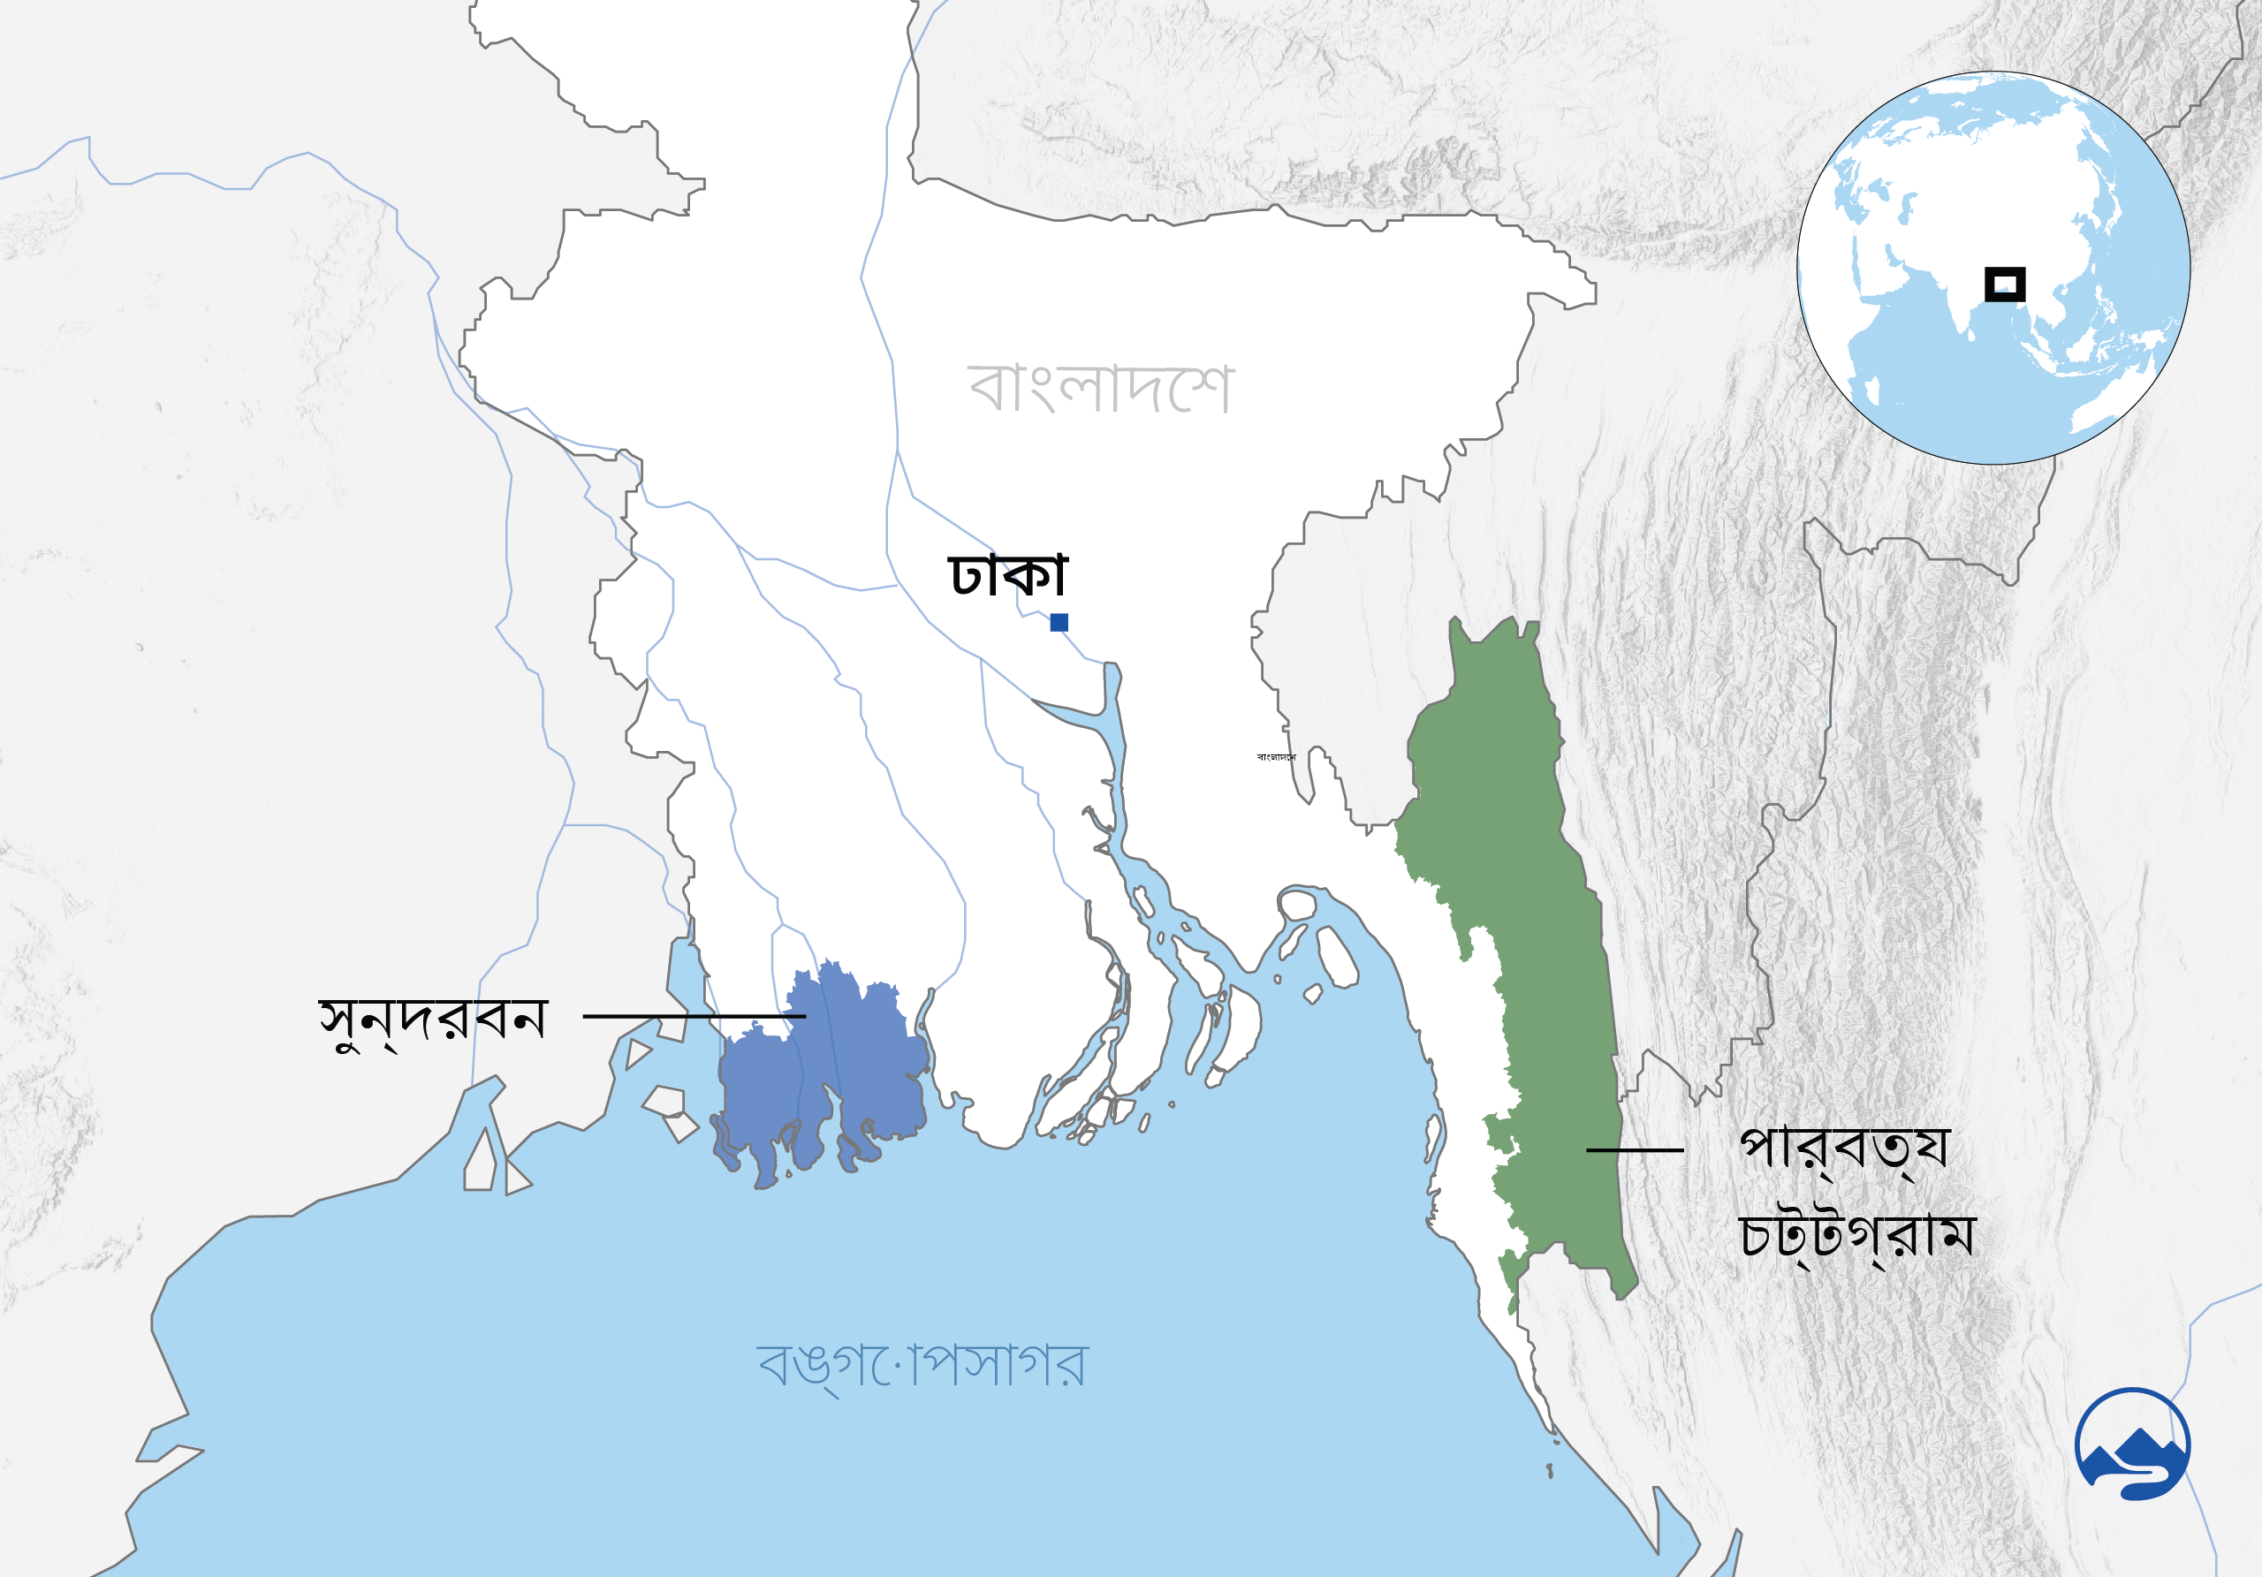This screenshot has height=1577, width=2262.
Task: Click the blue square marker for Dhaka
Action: (x=1059, y=622)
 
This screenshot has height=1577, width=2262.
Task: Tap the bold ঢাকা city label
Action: (x=1007, y=574)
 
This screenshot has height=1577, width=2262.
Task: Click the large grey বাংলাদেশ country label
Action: (x=1099, y=388)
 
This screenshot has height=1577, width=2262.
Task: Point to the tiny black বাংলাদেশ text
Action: (x=1276, y=756)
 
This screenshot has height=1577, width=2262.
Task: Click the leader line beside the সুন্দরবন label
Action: (x=695, y=1015)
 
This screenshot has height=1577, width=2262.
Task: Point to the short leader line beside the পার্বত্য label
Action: (x=1635, y=1149)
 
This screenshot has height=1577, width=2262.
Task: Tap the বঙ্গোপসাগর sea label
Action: (x=922, y=1365)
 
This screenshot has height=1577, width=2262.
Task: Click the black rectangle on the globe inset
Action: (x=2004, y=284)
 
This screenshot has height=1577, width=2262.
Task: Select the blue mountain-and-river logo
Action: (x=2132, y=1444)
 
